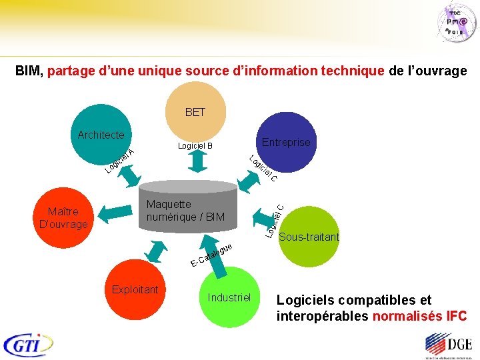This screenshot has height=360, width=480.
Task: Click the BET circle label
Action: pyautogui.click(x=195, y=112)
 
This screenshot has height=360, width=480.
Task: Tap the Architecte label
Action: pyautogui.click(x=101, y=135)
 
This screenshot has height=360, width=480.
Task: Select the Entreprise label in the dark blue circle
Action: pyautogui.click(x=286, y=143)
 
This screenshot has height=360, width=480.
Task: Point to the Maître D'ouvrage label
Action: pyautogui.click(x=63, y=218)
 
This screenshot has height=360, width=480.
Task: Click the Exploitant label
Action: pyautogui.click(x=135, y=289)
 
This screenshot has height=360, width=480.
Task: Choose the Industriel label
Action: pyautogui.click(x=229, y=297)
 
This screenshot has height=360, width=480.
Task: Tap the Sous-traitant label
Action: pyautogui.click(x=309, y=237)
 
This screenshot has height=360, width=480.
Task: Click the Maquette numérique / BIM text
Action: pyautogui.click(x=185, y=211)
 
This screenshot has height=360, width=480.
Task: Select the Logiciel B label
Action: pyautogui.click(x=195, y=146)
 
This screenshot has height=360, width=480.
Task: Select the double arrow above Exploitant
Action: pyautogui.click(x=159, y=251)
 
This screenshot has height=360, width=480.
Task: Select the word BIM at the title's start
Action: pyautogui.click(x=29, y=71)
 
